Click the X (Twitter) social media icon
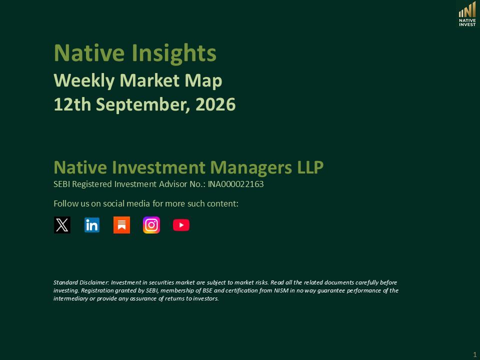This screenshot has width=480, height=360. [x=62, y=225]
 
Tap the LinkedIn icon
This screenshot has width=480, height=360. [x=92, y=225]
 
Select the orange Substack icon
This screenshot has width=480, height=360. [x=121, y=225]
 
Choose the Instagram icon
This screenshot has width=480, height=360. [x=151, y=225]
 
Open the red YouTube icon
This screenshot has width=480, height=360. [x=181, y=225]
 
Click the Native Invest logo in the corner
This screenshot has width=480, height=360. [x=467, y=14]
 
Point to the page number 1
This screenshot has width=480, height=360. [x=475, y=355]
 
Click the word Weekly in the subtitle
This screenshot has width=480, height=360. [x=84, y=81]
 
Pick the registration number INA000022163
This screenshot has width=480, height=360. [x=235, y=184]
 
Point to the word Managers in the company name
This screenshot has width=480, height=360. [x=251, y=168]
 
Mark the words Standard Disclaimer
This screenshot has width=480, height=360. [x=81, y=282]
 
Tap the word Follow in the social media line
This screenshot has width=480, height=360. [x=63, y=203]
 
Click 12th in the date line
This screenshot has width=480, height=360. [x=72, y=104]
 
